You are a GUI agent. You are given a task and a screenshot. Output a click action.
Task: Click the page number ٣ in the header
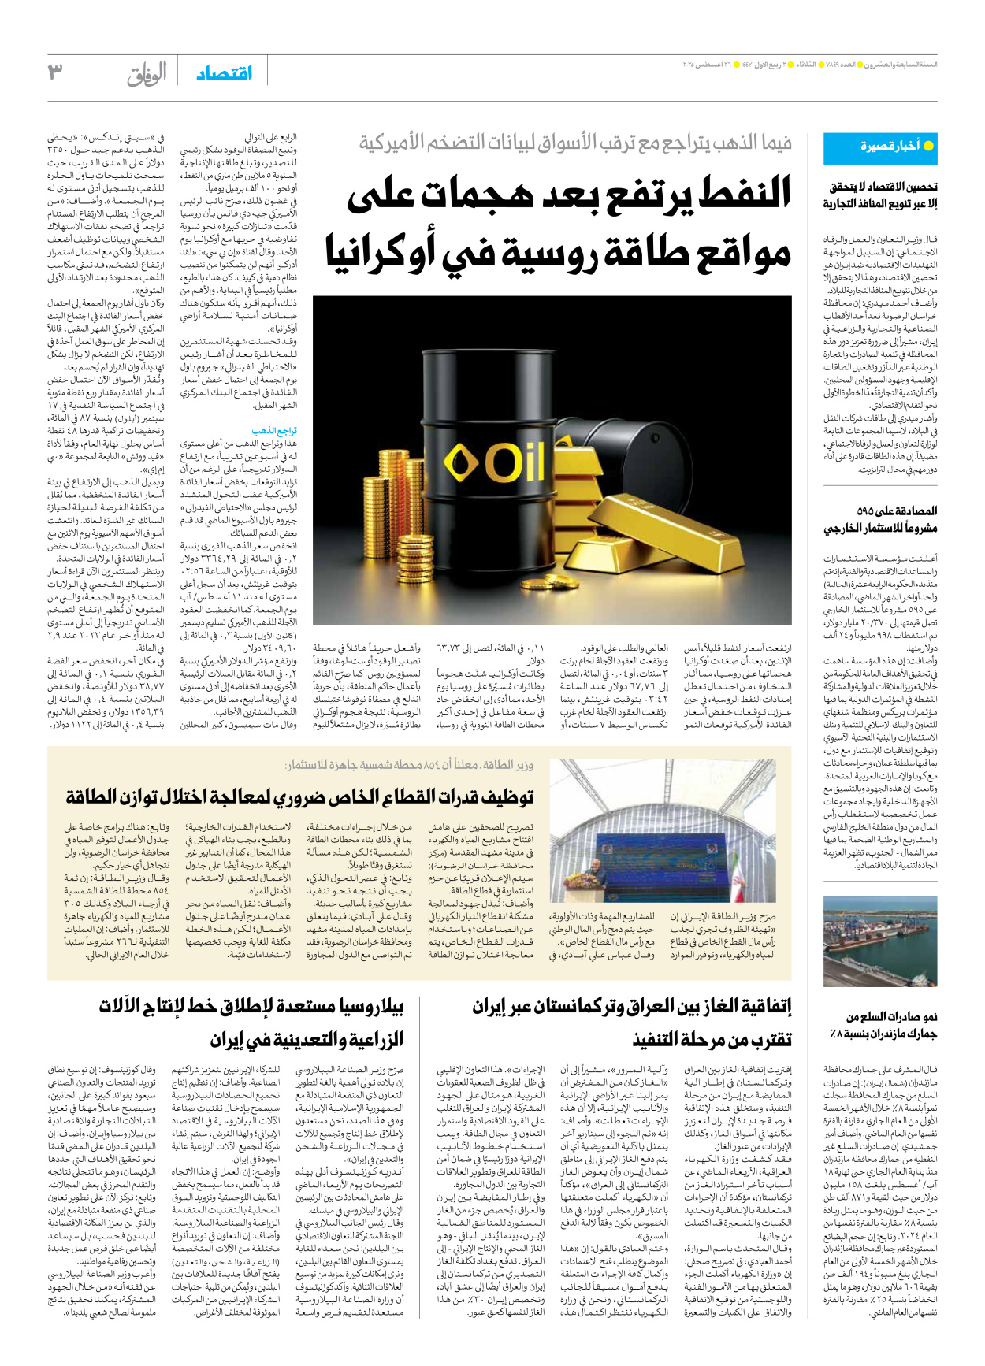click(x=54, y=72)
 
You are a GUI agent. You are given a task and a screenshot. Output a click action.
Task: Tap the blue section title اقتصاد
click(x=224, y=73)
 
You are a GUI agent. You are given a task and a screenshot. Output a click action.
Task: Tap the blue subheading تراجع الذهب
click(x=274, y=430)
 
